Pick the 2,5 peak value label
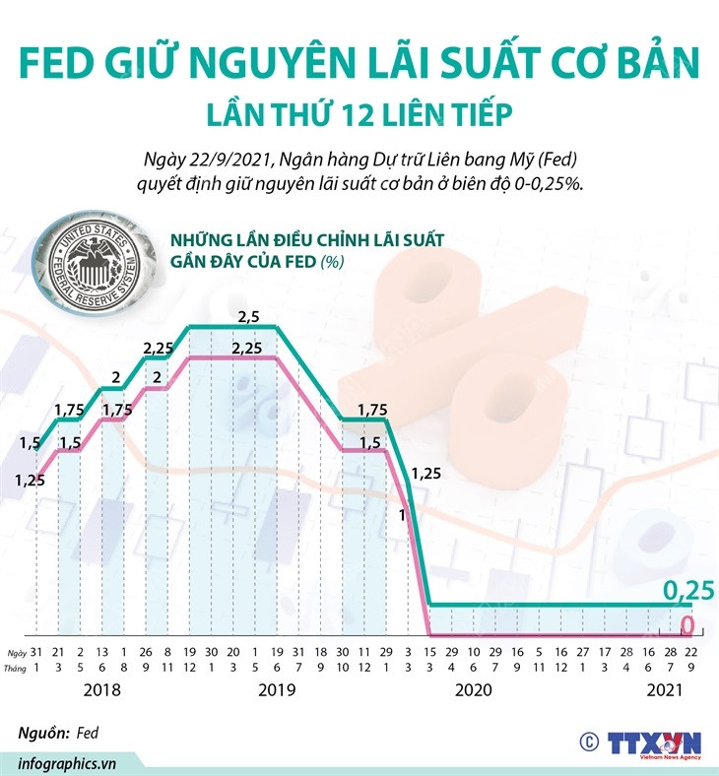(250, 316)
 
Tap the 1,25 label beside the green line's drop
(425, 474)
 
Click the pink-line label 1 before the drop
(402, 514)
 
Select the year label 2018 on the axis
(102, 690)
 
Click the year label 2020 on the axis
(473, 690)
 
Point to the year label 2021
(664, 690)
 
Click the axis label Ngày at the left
(14, 653)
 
